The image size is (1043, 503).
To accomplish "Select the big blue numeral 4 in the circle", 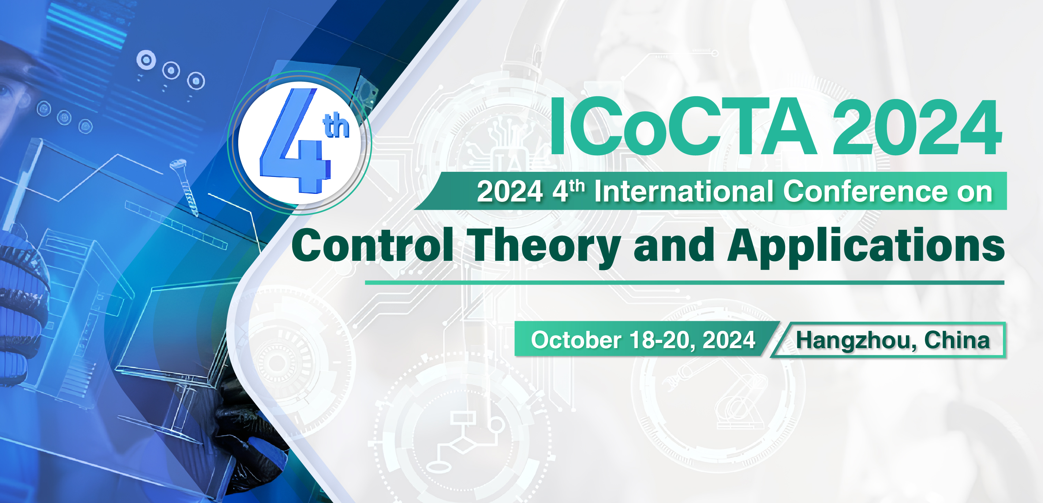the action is tap(295, 140).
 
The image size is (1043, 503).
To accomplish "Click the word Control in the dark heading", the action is tap(373, 245).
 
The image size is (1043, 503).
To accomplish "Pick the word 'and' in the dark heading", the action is tap(674, 245).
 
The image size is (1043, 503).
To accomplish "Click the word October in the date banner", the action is tap(576, 339).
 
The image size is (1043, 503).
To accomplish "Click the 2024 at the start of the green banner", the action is tap(510, 191).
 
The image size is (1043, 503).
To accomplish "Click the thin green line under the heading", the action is tap(684, 283).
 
